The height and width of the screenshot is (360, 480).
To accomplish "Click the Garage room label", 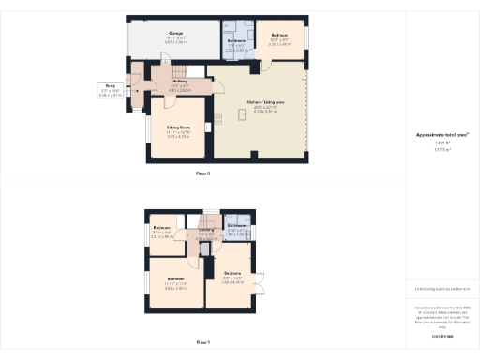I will pyautogui.click(x=176, y=32).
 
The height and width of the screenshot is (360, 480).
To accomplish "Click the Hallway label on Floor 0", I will pyautogui.click(x=180, y=82).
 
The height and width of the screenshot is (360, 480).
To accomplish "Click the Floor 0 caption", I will pyautogui.click(x=203, y=174).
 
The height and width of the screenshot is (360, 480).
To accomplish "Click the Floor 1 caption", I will pyautogui.click(x=203, y=343).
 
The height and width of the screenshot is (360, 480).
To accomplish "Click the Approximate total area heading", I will pyautogui.click(x=442, y=135).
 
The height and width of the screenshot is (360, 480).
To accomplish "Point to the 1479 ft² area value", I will pyautogui.click(x=442, y=143).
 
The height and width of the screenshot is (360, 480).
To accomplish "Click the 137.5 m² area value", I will pyautogui.click(x=442, y=149).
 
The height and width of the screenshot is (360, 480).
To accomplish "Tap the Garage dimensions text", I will pyautogui.click(x=176, y=39).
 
